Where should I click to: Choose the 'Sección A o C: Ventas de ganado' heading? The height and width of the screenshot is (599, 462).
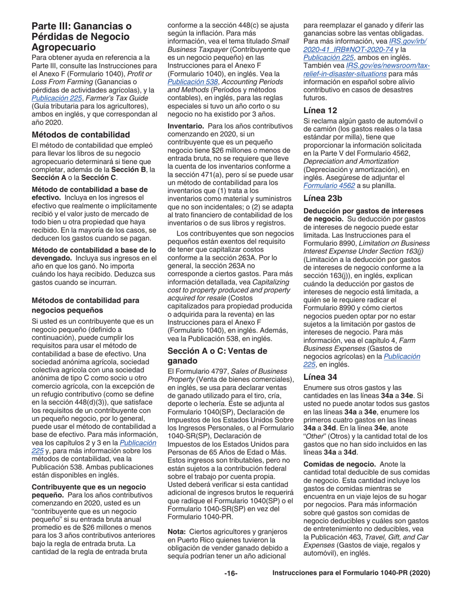click(217, 355)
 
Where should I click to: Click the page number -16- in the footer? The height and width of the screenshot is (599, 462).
click(231, 573)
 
